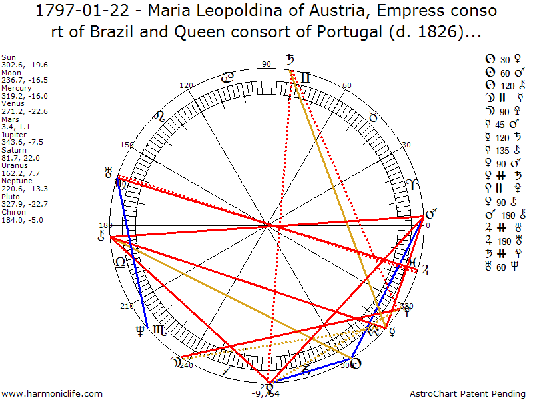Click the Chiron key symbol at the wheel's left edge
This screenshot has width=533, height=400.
tap(101, 236)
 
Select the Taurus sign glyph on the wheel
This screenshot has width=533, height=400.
tap(374, 117)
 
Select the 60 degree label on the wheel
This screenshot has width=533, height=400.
tap(346, 85)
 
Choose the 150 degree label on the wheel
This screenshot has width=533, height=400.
tap(127, 145)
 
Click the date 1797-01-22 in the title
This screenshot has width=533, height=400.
tap(71, 11)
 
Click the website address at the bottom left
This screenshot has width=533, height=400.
tap(53, 393)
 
